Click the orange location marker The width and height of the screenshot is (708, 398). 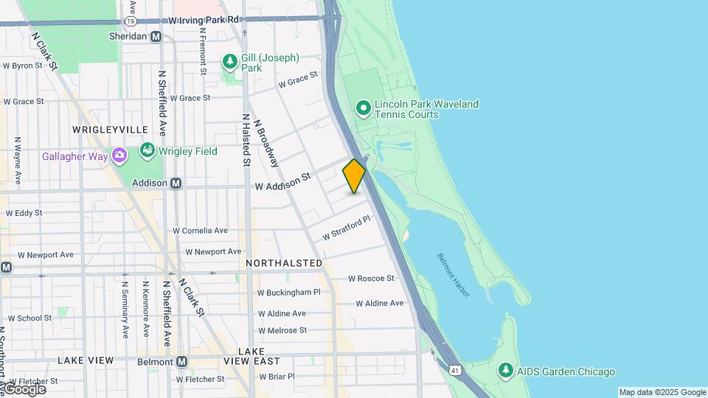pos(354,175)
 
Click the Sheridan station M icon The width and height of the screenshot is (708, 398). pos(156,36)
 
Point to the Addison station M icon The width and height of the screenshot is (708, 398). pos(176,183)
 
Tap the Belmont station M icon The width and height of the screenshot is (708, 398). pos(181,362)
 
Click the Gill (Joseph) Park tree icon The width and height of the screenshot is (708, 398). pos(229,61)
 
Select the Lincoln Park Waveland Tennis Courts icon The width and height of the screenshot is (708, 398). pos(363,109)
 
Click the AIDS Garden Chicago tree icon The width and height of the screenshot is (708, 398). pos(505,371)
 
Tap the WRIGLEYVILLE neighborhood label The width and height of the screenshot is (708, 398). pos(110,129)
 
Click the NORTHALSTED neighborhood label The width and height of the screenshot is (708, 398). pos(283,263)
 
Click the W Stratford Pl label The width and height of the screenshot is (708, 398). pos(345,228)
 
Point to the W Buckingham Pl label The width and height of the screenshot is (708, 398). pos(289,293)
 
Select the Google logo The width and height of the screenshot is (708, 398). pos(24,389)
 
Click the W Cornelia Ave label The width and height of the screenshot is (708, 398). pos(201,230)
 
